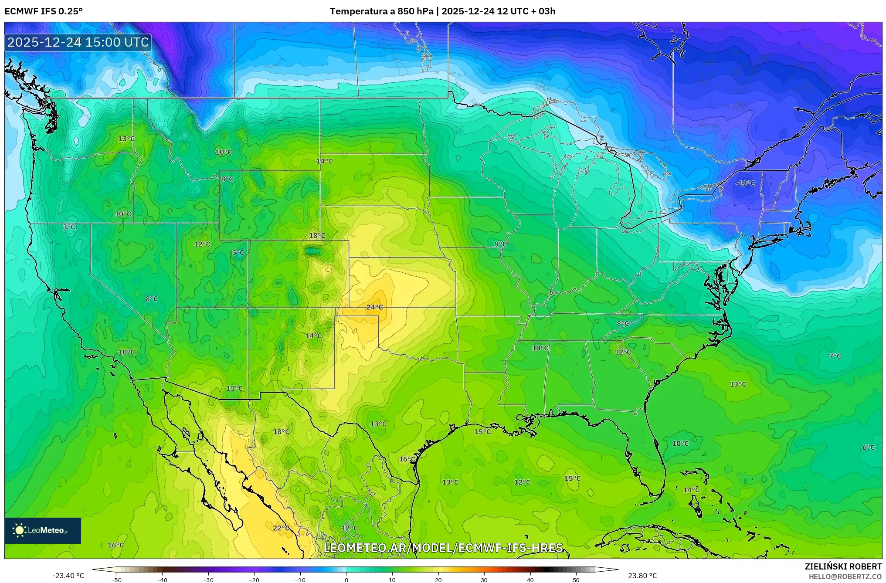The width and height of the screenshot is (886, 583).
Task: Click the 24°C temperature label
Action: pos(374,307)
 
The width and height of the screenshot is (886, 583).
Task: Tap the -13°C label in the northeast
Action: pos(745,183)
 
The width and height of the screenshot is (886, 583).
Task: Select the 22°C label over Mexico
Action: pos(281,528)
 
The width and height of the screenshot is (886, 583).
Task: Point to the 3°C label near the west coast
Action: pos(69,227)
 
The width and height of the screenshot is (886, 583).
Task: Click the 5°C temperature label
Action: pos(238,253)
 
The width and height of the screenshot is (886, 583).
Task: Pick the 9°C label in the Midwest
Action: pos(500,244)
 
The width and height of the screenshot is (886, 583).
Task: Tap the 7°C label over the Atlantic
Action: pos(835,356)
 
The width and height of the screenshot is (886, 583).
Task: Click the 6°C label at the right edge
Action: pos(868,447)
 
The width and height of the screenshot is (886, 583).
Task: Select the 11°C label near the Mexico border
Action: pos(234,388)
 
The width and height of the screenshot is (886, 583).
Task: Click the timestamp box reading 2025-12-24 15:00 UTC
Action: pos(78,42)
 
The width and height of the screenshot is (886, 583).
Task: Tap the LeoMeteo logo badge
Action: pos(43,530)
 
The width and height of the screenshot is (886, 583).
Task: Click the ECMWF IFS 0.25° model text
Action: pos(44,11)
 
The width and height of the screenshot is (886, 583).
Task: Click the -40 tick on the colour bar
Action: pos(162,580)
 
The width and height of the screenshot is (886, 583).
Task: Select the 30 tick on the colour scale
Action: pos(484,580)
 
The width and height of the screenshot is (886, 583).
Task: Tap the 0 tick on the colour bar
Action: pos(346,580)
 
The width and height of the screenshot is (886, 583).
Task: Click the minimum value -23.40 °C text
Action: pos(68,576)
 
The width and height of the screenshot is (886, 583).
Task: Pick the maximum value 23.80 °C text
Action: pos(642,576)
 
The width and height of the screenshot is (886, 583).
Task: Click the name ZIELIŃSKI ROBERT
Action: pos(843,566)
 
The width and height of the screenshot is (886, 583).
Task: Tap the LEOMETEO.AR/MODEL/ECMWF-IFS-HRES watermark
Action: pos(443,548)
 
